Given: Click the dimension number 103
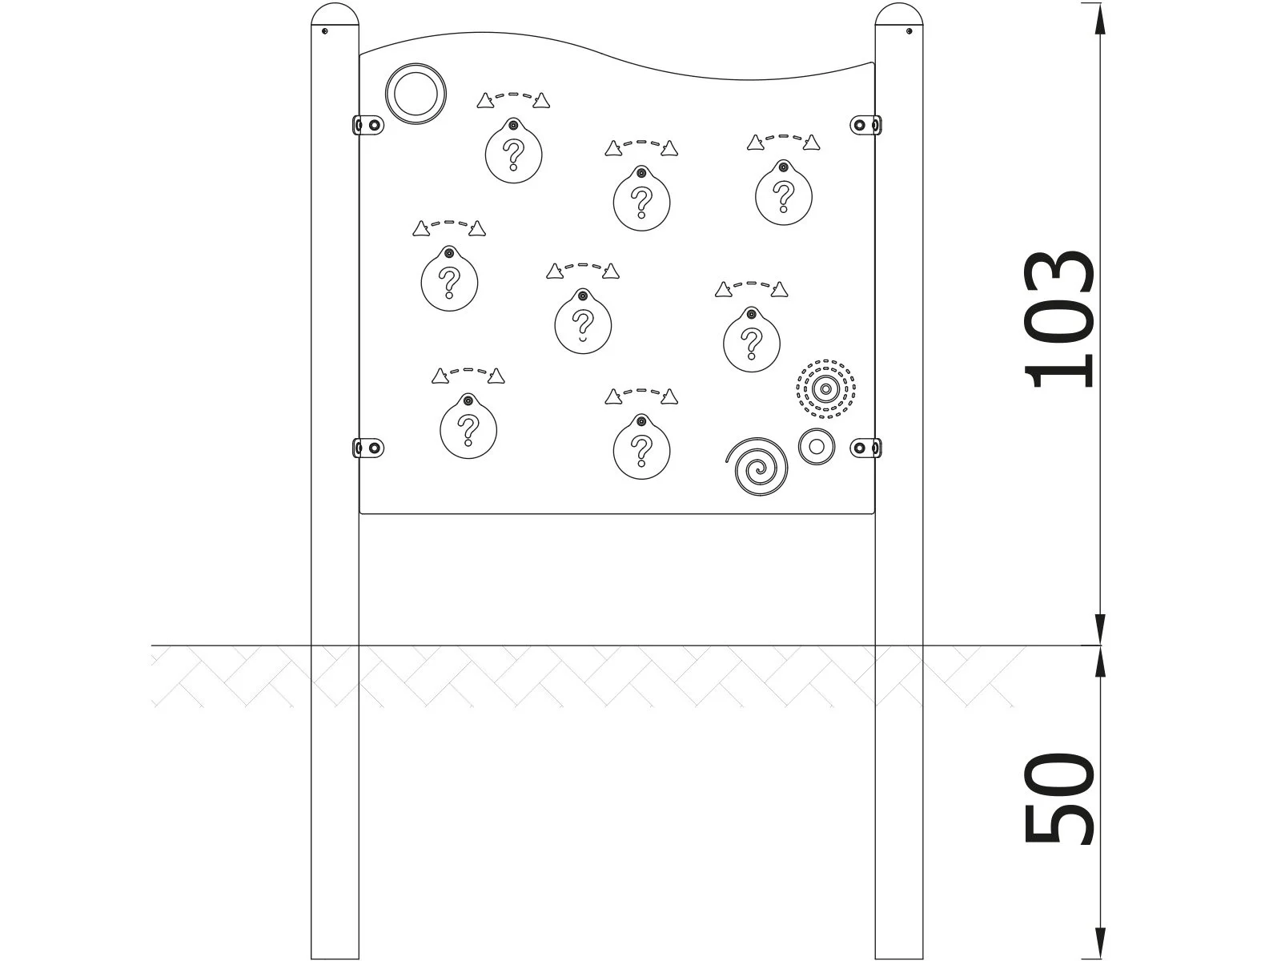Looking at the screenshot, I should [x=1058, y=320].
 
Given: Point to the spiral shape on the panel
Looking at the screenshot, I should [x=757, y=466].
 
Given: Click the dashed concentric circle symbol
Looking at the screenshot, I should [x=825, y=389].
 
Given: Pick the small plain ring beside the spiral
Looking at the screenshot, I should [x=816, y=446].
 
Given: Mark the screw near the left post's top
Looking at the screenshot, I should [x=324, y=31].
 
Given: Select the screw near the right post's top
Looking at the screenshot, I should [x=909, y=31].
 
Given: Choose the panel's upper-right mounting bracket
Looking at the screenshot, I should [x=865, y=125].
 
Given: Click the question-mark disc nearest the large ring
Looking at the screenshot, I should [x=514, y=151].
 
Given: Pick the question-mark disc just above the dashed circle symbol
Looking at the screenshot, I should [x=751, y=342].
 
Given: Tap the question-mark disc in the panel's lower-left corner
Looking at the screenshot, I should [x=468, y=428].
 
